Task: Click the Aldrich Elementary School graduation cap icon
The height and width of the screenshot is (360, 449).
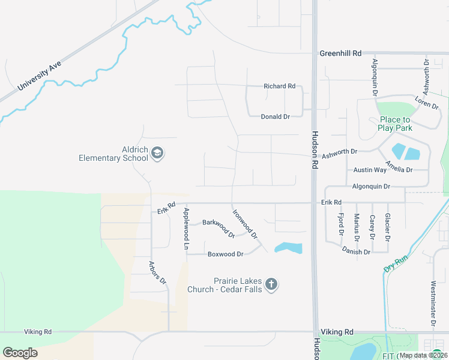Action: click(157, 153)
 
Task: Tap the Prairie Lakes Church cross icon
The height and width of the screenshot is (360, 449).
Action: click(271, 284)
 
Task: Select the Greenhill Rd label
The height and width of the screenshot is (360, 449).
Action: click(340, 53)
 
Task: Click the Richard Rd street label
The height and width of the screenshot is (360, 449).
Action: click(280, 86)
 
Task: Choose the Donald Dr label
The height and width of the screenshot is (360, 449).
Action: click(275, 116)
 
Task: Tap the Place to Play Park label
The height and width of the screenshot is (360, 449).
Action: click(395, 124)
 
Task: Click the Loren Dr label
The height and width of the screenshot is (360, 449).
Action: click(427, 103)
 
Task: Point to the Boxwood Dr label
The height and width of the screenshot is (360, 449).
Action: click(225, 254)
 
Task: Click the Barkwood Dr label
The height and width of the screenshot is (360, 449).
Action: click(218, 227)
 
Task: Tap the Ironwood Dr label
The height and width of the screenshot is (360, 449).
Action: click(245, 223)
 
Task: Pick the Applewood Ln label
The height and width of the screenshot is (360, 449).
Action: click(186, 229)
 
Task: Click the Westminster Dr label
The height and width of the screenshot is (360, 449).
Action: click(433, 304)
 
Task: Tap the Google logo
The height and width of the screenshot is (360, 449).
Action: click(20, 353)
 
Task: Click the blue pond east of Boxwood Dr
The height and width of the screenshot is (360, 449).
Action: click(288, 247)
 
